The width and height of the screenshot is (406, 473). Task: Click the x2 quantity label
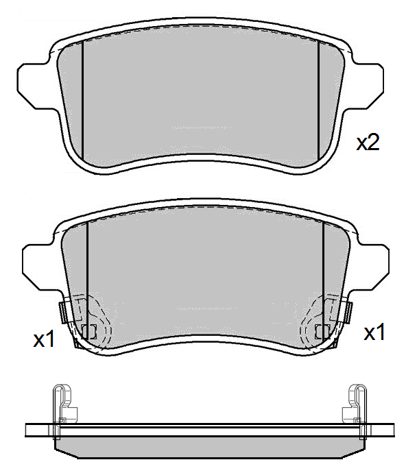click(x=368, y=143)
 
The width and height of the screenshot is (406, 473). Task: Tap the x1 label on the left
click(x=44, y=339)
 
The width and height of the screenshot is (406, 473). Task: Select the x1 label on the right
click(x=374, y=333)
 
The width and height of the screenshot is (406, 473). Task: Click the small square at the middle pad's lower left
click(x=88, y=332)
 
